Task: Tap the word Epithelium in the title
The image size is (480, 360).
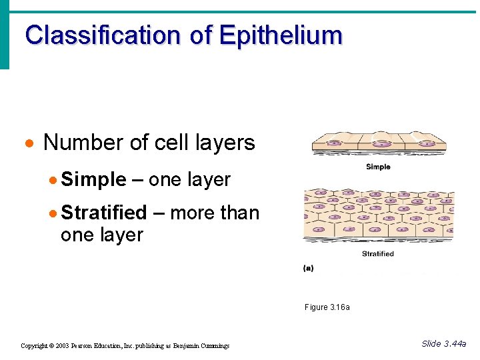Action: (x=280, y=35)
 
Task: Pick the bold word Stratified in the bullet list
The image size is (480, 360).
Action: (x=103, y=213)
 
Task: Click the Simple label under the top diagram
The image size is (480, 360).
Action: (x=378, y=167)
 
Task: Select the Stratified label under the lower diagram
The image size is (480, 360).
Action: (x=377, y=254)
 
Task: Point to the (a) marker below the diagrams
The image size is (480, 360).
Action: (x=309, y=268)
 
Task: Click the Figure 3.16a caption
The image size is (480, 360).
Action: (x=327, y=307)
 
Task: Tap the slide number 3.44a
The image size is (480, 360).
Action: (x=454, y=344)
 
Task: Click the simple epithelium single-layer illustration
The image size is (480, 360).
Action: (x=378, y=142)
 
